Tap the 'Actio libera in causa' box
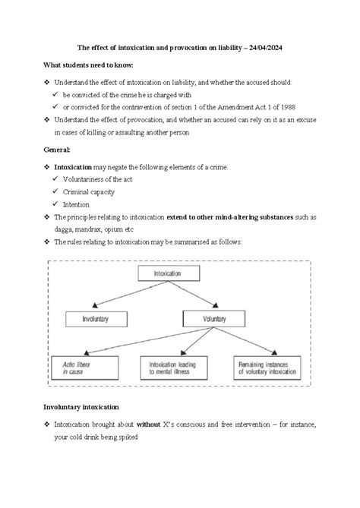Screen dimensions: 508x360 (x=84, y=369)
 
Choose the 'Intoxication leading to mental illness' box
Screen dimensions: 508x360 (x=176, y=369)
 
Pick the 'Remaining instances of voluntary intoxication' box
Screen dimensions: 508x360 (x=269, y=369)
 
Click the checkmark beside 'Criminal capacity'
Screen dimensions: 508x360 (x=56, y=192)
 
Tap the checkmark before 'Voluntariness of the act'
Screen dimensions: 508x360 (x=56, y=179)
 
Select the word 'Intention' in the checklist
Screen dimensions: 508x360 (x=76, y=204)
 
